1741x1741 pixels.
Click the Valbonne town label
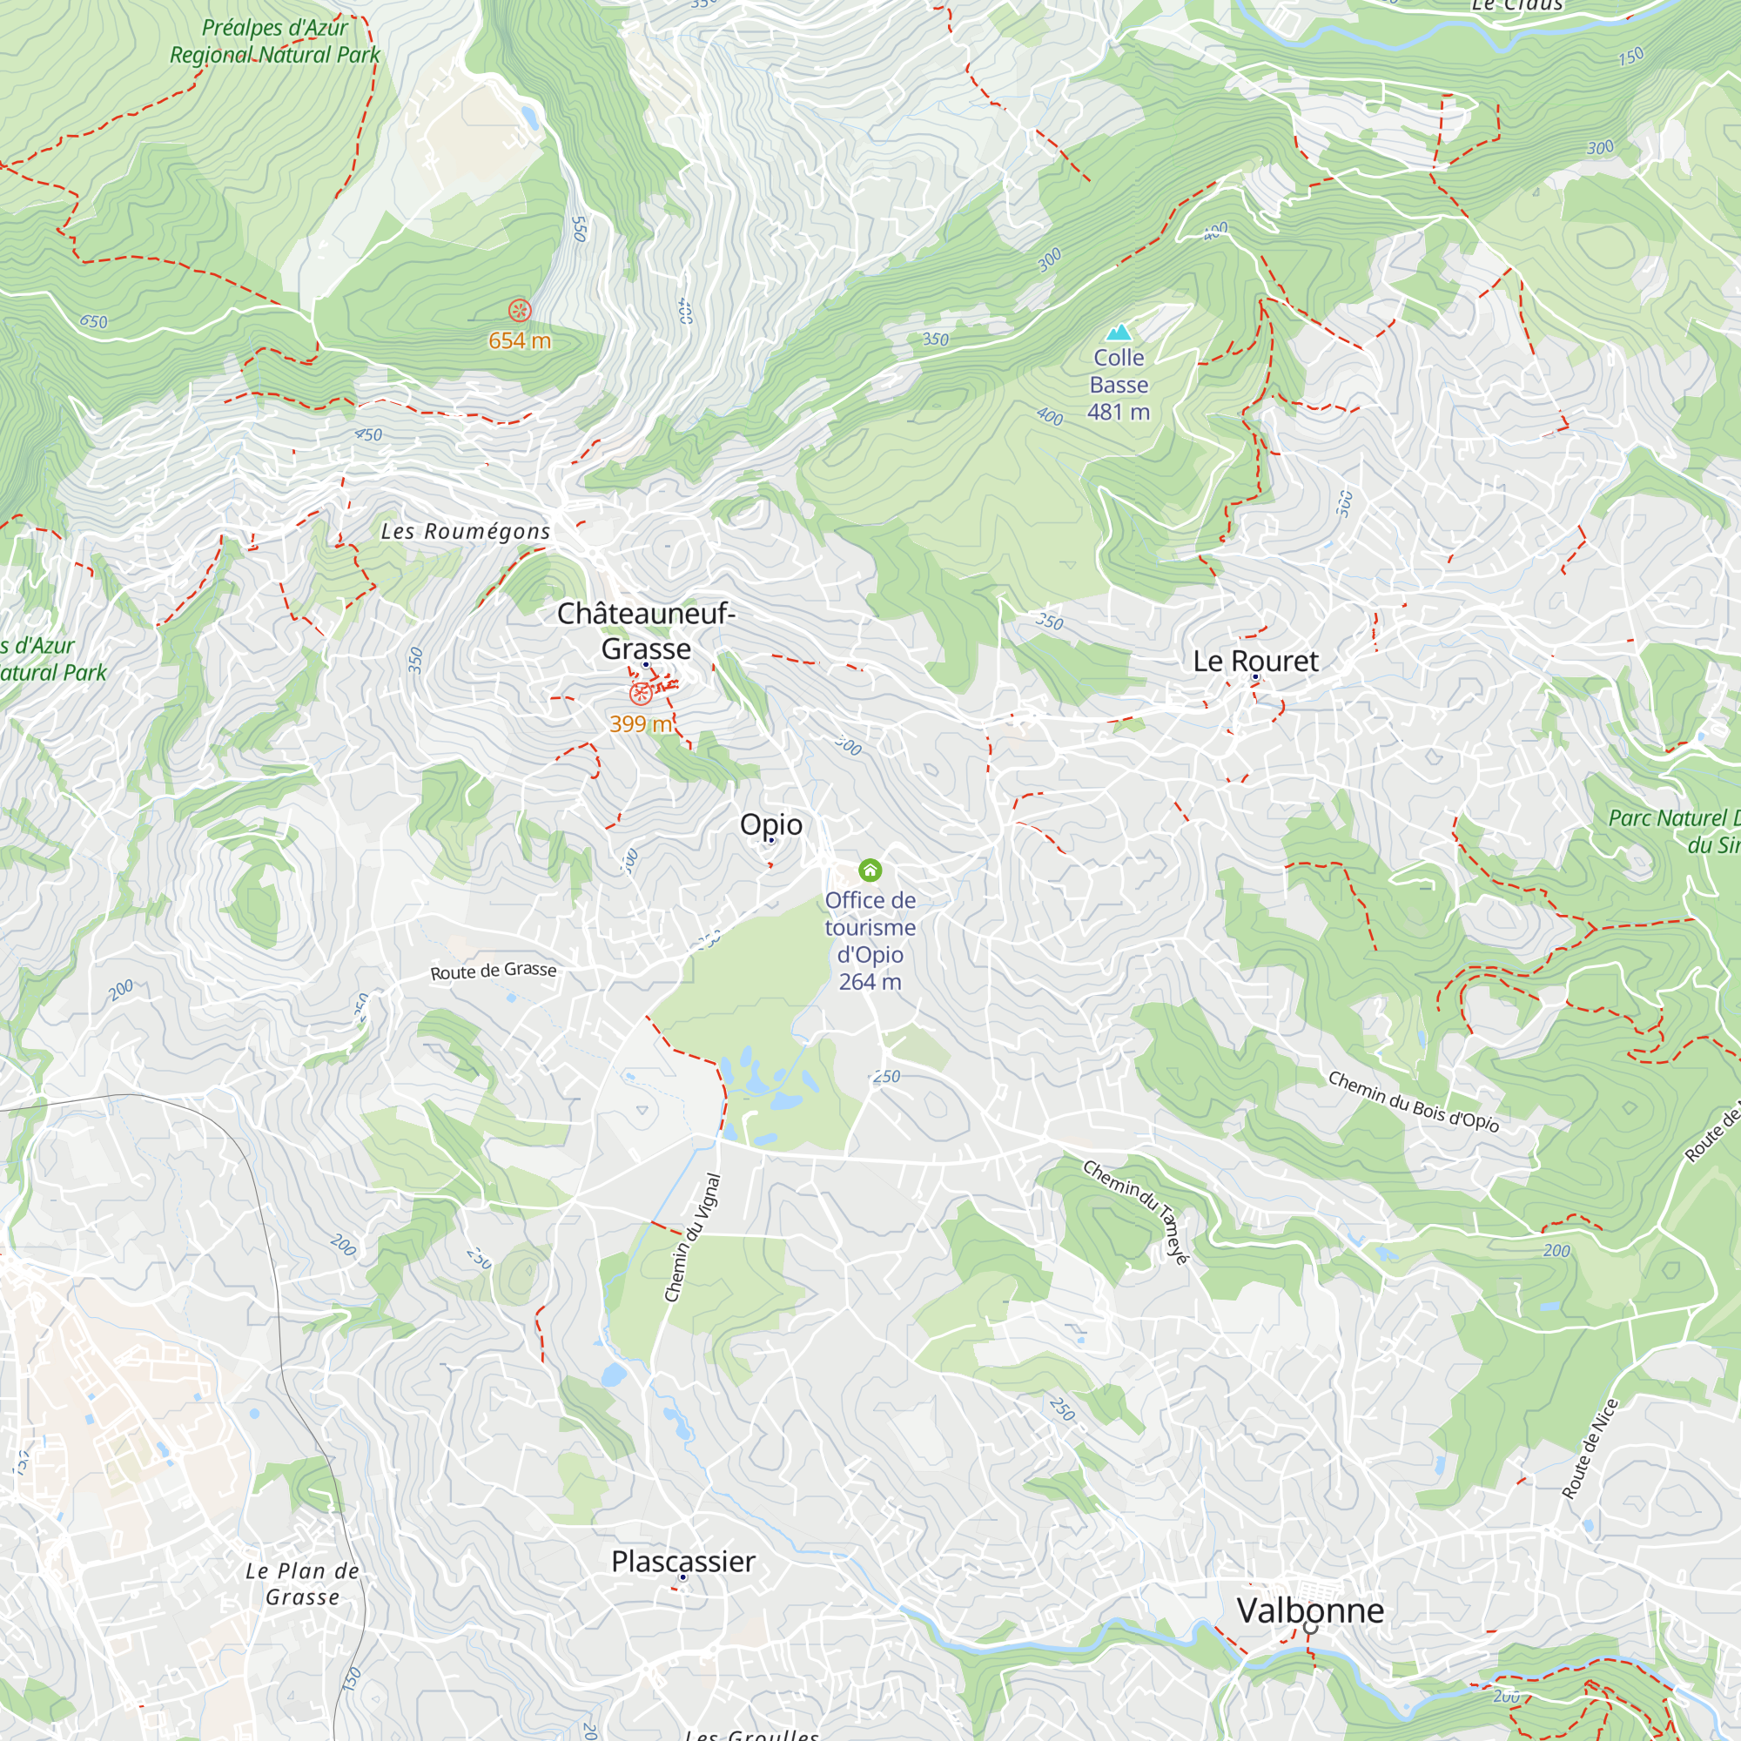(x=1309, y=1610)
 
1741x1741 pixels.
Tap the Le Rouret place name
(x=1255, y=661)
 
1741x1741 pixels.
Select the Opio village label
(x=770, y=823)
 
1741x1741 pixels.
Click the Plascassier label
(x=683, y=1561)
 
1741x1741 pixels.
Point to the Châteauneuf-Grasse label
(x=646, y=631)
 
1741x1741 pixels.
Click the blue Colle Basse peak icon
(x=1119, y=333)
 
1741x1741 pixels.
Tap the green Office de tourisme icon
(x=870, y=870)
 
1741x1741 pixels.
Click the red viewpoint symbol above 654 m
(x=519, y=311)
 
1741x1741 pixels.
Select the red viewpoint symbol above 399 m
(x=640, y=693)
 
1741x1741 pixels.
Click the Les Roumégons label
(x=465, y=531)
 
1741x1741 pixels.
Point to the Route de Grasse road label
(x=493, y=971)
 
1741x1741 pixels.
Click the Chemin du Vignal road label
(x=692, y=1237)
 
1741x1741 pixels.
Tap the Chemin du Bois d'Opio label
(x=1413, y=1100)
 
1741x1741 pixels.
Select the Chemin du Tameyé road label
(x=1136, y=1211)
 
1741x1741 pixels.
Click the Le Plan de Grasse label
(x=303, y=1583)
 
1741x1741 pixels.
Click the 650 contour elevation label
(x=93, y=321)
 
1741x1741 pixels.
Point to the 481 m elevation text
(x=1119, y=412)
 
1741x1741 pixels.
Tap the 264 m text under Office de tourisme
(x=870, y=981)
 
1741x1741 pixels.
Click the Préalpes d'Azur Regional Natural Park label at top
(x=275, y=41)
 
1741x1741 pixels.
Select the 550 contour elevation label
(x=580, y=229)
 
